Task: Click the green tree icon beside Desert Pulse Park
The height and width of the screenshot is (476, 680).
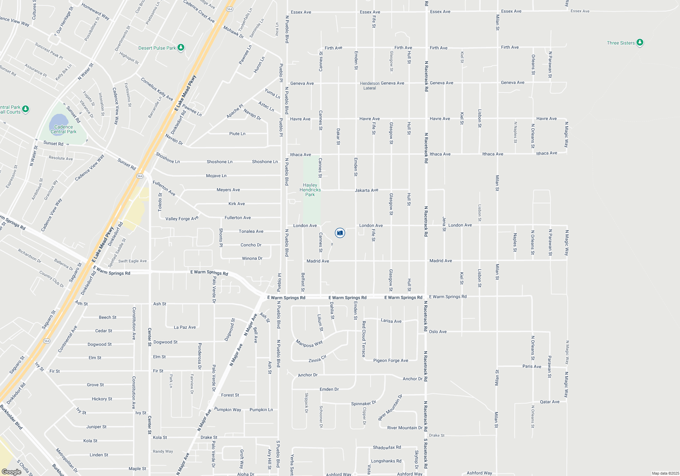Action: click(181, 48)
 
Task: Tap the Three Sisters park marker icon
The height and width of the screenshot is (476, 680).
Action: click(640, 42)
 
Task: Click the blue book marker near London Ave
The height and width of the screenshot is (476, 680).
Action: click(340, 233)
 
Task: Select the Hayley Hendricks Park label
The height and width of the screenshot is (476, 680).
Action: click(310, 190)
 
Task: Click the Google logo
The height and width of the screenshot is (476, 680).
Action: click(12, 472)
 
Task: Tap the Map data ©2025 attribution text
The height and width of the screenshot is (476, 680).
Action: click(665, 473)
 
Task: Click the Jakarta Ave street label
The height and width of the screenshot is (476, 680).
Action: click(367, 190)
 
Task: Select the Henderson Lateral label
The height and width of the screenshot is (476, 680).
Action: click(370, 86)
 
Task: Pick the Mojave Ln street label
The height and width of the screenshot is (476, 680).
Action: click(216, 176)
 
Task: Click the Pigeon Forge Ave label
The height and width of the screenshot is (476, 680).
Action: click(391, 360)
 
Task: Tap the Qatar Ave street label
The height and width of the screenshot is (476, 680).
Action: click(549, 402)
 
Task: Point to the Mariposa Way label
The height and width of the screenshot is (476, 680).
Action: click(309, 344)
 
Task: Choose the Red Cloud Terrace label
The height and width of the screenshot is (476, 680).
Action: click(364, 339)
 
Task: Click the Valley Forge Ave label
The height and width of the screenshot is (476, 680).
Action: click(182, 219)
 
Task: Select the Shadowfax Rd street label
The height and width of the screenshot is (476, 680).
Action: click(387, 447)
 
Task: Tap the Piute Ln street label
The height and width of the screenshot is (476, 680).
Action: click(237, 134)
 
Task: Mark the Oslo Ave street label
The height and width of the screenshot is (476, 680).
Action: click(438, 331)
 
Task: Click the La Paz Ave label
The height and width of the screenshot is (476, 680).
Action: click(185, 327)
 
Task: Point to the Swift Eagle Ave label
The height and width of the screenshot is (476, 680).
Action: click(132, 261)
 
